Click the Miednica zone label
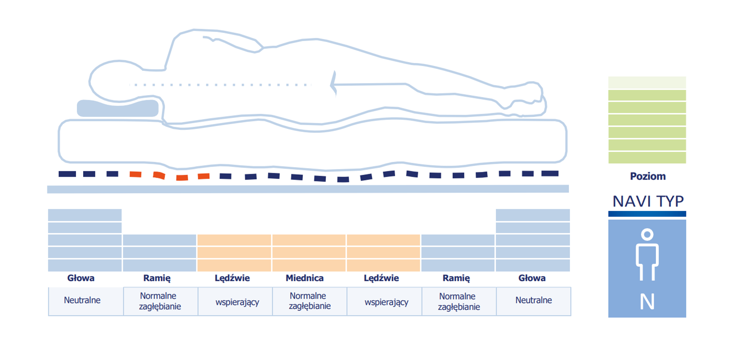click(305, 278)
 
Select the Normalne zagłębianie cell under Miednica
click(310, 301)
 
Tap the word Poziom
click(647, 176)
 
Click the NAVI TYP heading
click(648, 201)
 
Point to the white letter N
click(647, 301)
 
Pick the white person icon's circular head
click(647, 234)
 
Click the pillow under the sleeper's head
click(118, 108)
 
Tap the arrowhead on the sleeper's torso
click(333, 84)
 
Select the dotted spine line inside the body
click(220, 85)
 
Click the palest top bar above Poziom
click(647, 83)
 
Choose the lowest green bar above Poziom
click(647, 158)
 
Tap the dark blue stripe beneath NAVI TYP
click(647, 214)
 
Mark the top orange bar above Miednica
click(309, 240)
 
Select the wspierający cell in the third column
click(235, 301)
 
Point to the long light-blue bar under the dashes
click(308, 189)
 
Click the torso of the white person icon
click(647, 255)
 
